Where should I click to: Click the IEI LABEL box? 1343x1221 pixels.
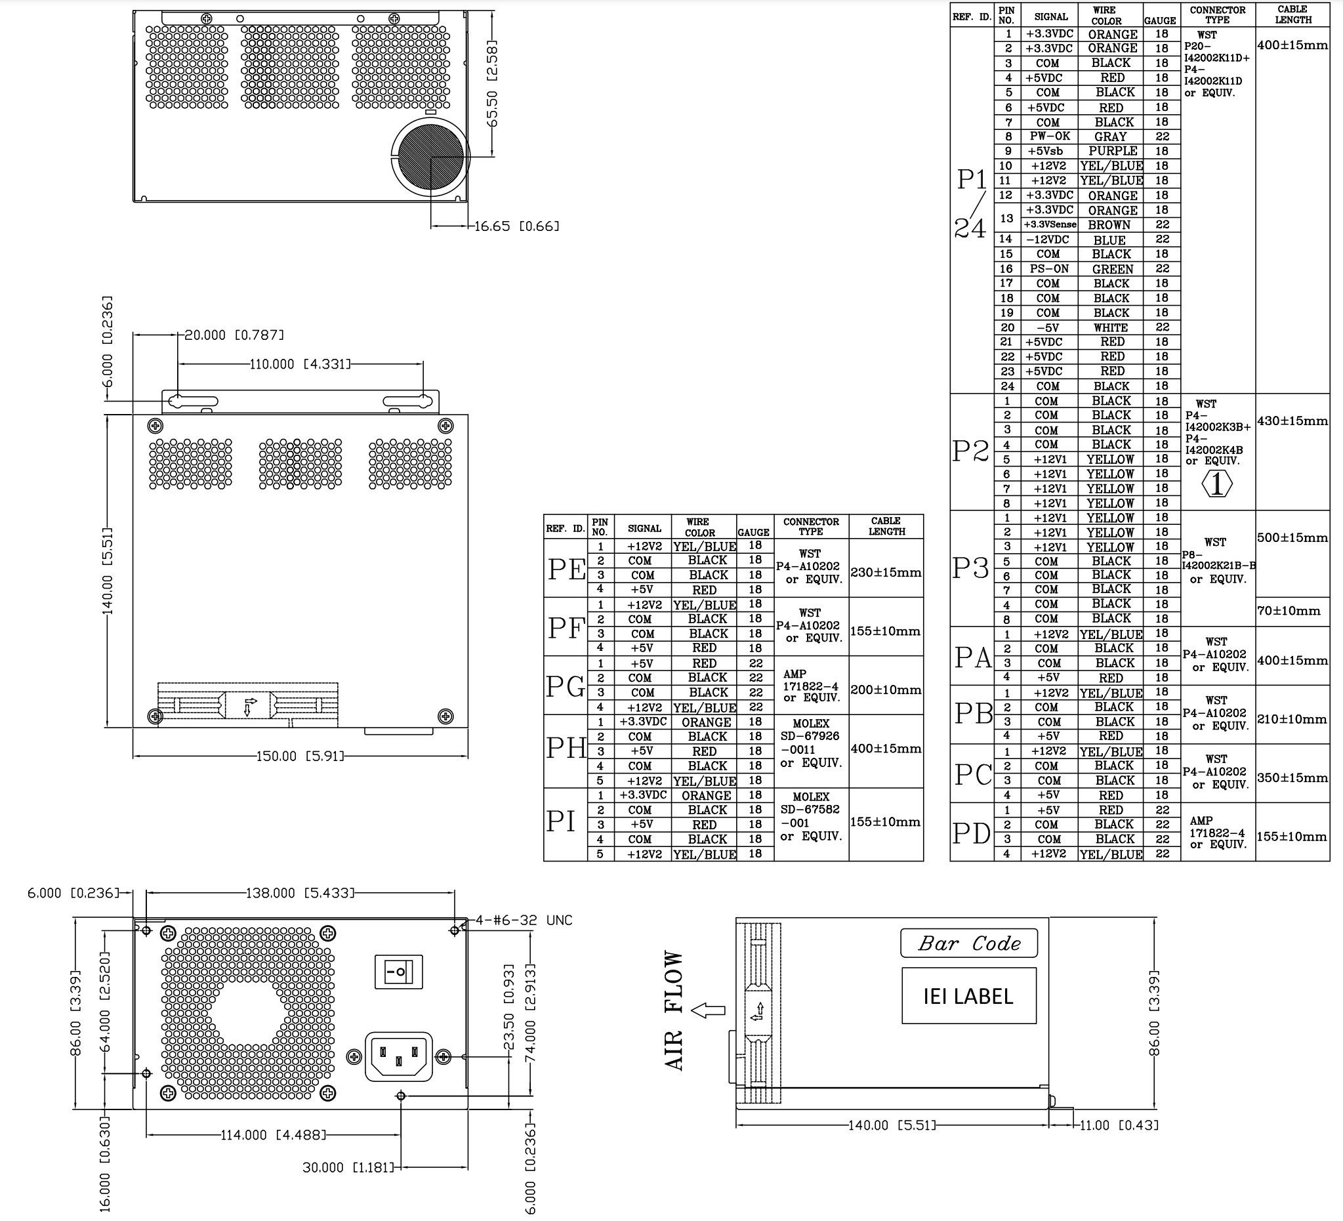point(968,995)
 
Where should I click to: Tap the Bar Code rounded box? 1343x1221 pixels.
point(968,943)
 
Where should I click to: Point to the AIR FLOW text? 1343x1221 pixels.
point(674,1010)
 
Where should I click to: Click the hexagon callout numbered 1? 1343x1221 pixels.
point(1216,484)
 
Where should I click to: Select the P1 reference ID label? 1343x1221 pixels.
point(971,179)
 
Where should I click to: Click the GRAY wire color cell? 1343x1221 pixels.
point(1111,136)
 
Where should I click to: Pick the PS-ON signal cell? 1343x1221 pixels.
point(1049,268)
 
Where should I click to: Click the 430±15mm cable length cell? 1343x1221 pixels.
point(1292,421)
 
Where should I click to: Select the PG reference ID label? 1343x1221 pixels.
point(566,686)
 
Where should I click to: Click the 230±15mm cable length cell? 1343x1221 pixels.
point(886,572)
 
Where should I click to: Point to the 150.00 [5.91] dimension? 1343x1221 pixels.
point(300,756)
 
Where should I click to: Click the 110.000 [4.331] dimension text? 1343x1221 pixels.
point(300,363)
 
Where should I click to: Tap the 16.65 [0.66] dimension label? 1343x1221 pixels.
point(517,226)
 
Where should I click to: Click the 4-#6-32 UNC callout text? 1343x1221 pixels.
point(524,920)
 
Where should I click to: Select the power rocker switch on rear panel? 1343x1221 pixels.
point(399,972)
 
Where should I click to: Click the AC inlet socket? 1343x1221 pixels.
point(398,1057)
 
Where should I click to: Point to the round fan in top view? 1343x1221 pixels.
point(430,156)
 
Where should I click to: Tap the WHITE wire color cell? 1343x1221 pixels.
point(1111,328)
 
